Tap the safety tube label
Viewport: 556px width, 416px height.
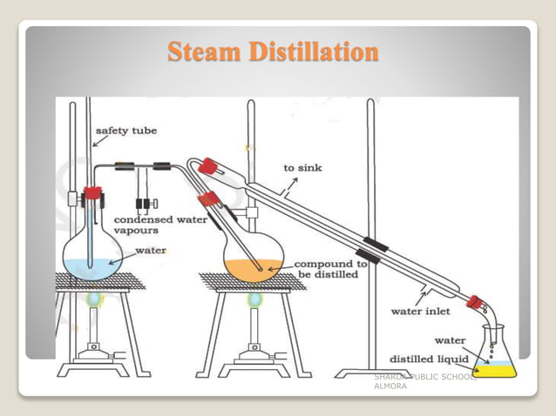click(x=132, y=131)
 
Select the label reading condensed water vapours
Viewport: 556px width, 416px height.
click(x=160, y=225)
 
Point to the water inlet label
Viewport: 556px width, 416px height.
click(x=420, y=311)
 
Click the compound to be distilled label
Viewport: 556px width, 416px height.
click(x=330, y=268)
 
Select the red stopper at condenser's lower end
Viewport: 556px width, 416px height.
click(x=474, y=303)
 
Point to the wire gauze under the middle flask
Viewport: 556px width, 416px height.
click(x=253, y=282)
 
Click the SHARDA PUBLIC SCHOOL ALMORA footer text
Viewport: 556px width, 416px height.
click(x=422, y=380)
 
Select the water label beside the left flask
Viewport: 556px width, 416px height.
click(x=150, y=251)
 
